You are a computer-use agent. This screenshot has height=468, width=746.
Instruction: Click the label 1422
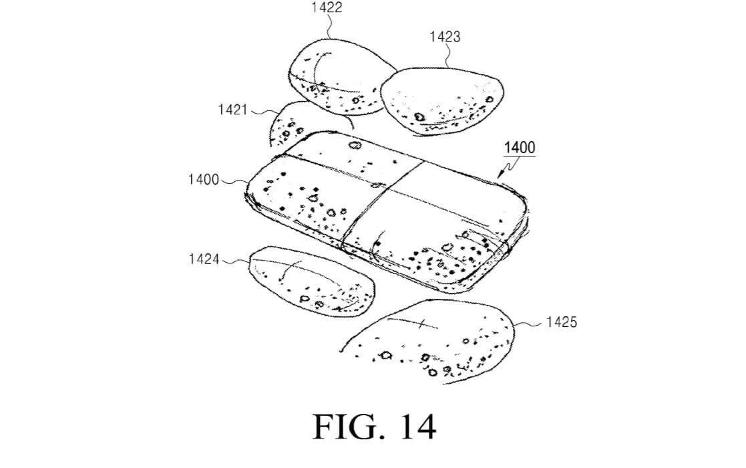tap(327, 8)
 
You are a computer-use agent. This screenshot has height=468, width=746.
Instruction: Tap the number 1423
tap(445, 37)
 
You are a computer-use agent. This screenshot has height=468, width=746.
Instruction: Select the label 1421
tap(232, 110)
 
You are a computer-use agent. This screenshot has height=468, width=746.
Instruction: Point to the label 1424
tap(204, 259)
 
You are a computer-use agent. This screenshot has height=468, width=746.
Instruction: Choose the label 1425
tap(561, 322)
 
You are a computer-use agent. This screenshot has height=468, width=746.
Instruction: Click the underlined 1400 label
tap(519, 147)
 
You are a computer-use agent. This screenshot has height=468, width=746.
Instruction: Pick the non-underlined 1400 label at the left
tap(204, 179)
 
